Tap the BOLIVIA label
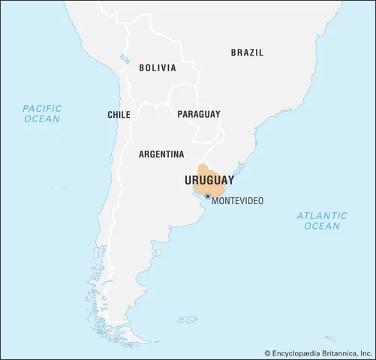click(x=158, y=67)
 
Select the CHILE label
click(x=119, y=115)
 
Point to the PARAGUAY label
click(x=199, y=115)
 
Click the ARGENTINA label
click(x=161, y=154)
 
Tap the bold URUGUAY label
click(x=209, y=181)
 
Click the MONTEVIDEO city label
click(x=240, y=202)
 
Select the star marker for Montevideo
click(x=208, y=197)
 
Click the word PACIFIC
click(x=42, y=108)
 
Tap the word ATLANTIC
click(x=322, y=215)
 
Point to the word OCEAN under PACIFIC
click(x=42, y=119)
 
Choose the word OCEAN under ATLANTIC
click(x=322, y=226)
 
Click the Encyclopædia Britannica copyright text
click(x=319, y=351)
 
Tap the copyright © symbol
click(x=267, y=351)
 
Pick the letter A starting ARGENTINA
click(x=142, y=154)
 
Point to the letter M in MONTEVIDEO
click(x=215, y=202)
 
